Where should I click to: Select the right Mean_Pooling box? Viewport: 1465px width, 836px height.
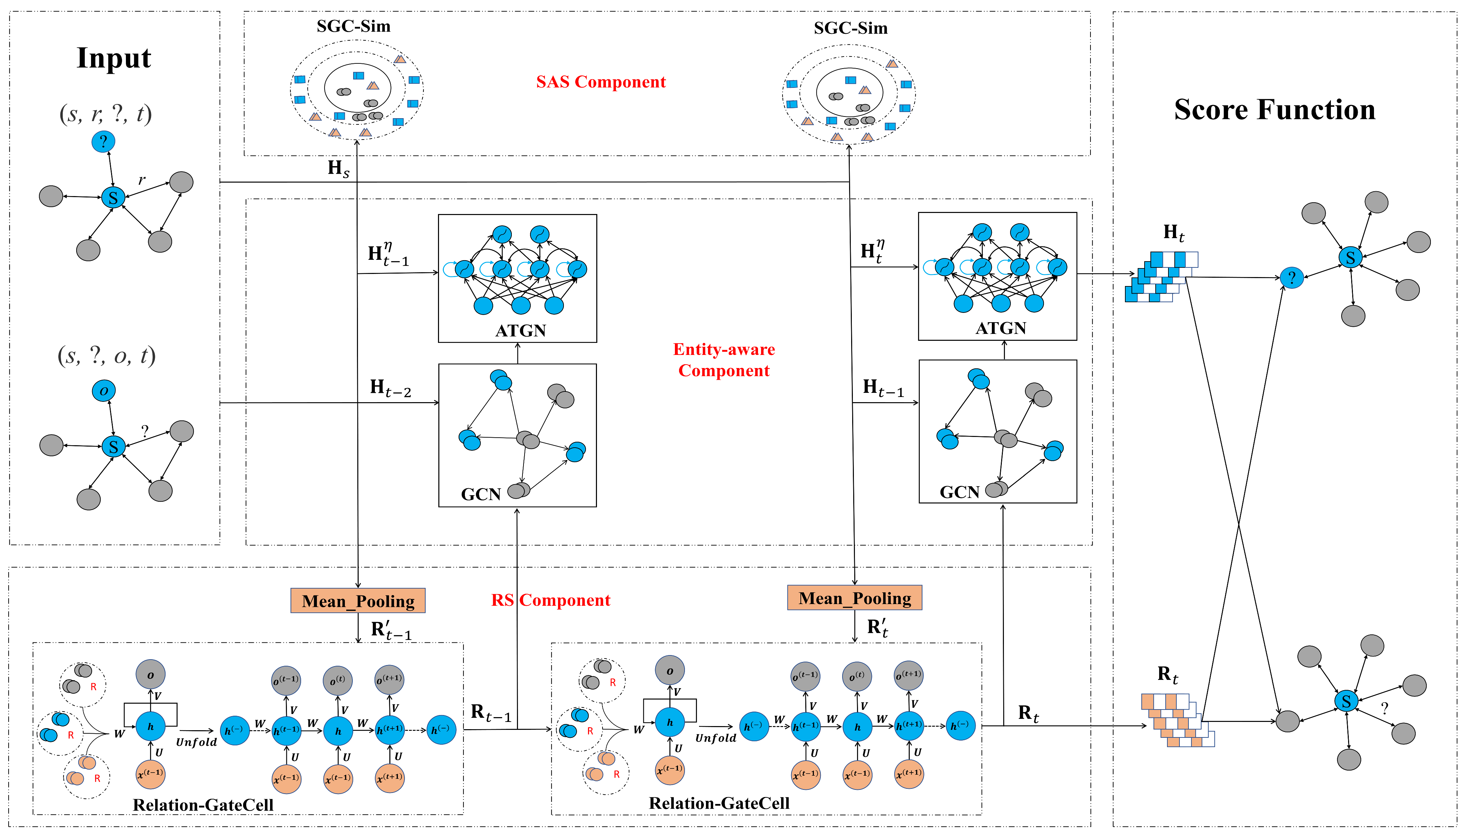pyautogui.click(x=854, y=598)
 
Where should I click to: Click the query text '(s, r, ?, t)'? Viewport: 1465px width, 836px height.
pyautogui.click(x=106, y=114)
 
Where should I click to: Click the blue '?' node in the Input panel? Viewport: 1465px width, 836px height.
pyautogui.click(x=103, y=141)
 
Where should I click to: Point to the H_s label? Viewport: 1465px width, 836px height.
pyautogui.click(x=338, y=168)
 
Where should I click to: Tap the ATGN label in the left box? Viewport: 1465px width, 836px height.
pyautogui.click(x=520, y=331)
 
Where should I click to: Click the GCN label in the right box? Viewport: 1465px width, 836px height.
pyautogui.click(x=959, y=492)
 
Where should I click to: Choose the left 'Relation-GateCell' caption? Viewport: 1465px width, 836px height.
pyautogui.click(x=203, y=805)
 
